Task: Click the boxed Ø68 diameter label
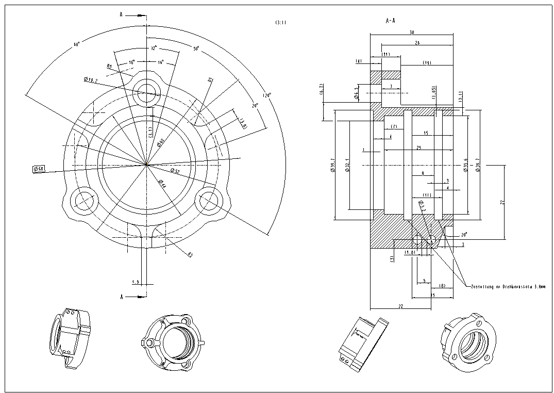[x=39, y=169]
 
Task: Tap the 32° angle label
[x=153, y=48]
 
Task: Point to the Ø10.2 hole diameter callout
[x=91, y=80]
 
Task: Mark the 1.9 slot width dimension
[x=136, y=282]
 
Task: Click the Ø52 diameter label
[x=175, y=170]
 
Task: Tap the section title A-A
[x=391, y=21]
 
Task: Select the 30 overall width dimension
[x=411, y=32]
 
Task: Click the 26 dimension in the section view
[x=416, y=43]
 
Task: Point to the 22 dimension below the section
[x=400, y=306]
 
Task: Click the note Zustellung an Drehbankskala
[x=507, y=286]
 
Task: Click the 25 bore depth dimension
[x=419, y=148]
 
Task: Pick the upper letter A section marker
[x=121, y=15]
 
